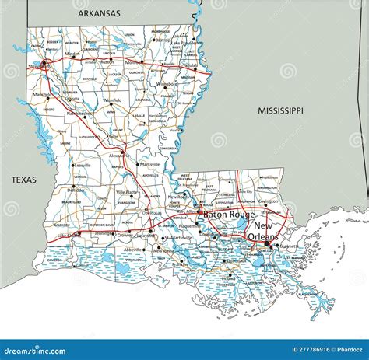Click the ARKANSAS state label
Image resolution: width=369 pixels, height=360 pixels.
point(100,13)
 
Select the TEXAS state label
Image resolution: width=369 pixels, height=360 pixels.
point(24,180)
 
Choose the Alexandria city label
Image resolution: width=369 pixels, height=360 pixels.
point(118,155)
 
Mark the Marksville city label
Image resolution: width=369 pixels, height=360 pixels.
point(149,165)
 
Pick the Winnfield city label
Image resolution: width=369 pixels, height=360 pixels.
point(112,100)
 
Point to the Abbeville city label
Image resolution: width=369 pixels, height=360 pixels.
point(133,250)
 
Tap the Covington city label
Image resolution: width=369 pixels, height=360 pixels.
point(269,201)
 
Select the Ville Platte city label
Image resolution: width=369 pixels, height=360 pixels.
point(127,191)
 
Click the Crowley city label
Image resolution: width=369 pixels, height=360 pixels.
point(124,234)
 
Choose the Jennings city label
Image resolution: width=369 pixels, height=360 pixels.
point(101,233)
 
